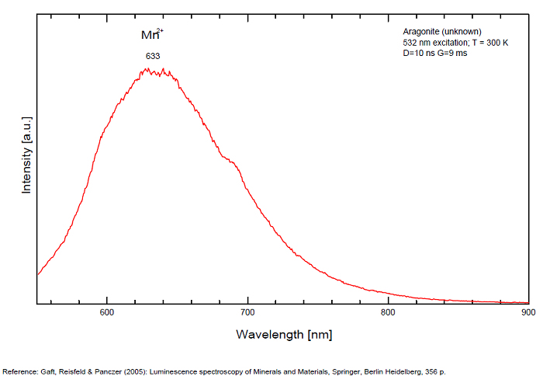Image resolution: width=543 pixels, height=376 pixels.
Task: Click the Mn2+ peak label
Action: (x=151, y=36)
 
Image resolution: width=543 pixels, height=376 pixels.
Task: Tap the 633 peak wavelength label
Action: (x=153, y=56)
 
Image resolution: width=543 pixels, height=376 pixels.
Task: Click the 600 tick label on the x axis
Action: (x=107, y=312)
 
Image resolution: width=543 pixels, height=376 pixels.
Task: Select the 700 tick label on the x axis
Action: (x=247, y=312)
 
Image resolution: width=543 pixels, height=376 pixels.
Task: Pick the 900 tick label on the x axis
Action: (x=527, y=312)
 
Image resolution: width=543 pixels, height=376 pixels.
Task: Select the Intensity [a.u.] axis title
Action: (x=26, y=162)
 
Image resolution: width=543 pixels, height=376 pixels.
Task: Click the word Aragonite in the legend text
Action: (x=420, y=31)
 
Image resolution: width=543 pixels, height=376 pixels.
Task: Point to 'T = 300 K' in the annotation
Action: (x=489, y=42)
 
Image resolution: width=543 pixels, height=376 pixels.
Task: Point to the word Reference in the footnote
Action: (x=21, y=371)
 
